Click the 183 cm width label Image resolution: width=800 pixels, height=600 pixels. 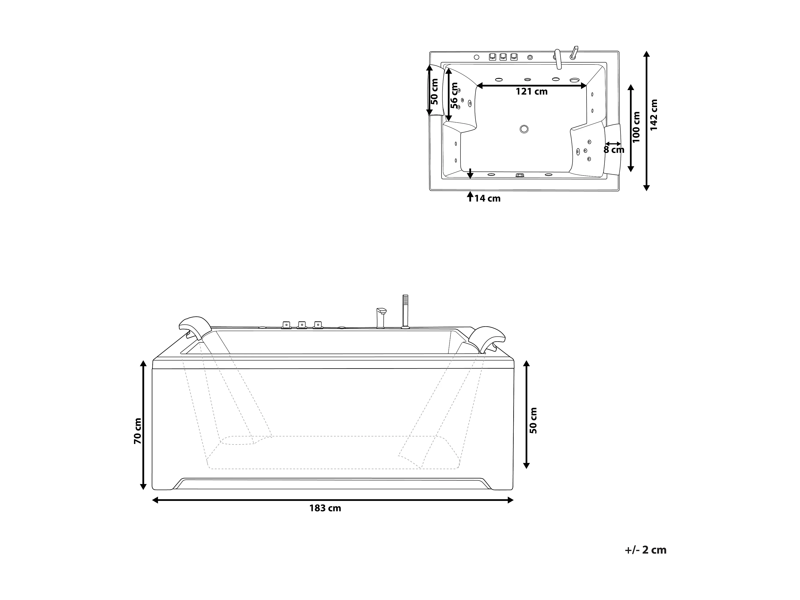point(325,508)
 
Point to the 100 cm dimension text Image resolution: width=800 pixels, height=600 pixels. point(636,127)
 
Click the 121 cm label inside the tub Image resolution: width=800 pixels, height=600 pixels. point(531,91)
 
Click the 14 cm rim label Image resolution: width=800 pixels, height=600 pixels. point(487,198)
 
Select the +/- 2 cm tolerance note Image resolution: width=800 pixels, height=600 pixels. point(645,550)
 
